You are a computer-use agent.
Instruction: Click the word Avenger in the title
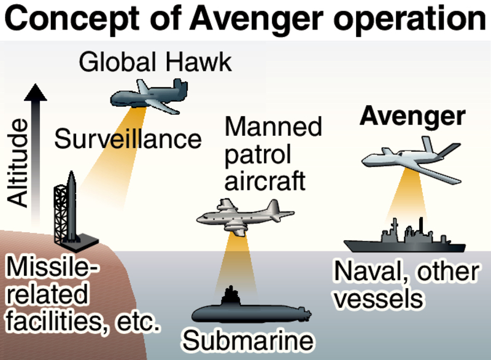pos(245,20)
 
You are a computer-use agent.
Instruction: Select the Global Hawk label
pos(156,62)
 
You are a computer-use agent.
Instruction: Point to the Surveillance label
pos(128,139)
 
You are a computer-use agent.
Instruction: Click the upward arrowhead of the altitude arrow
pos(36,93)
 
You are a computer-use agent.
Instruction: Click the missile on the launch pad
pos(72,206)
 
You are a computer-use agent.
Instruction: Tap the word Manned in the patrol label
pos(274,127)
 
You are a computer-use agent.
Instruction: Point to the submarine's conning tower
pos(231,294)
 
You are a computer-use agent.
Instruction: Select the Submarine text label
pos(248,340)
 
